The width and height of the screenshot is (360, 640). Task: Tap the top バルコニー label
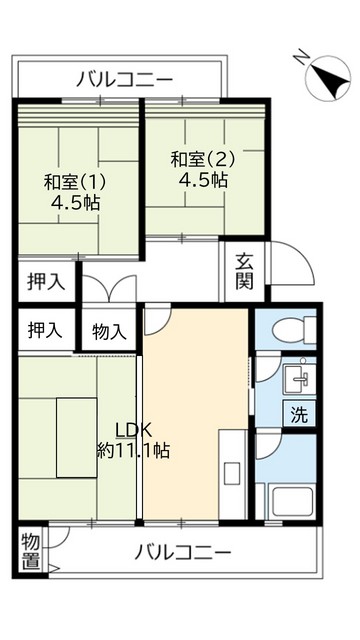pos(124,79)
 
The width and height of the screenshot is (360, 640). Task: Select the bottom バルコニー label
pos(182,552)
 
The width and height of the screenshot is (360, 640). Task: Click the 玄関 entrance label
pos(244,271)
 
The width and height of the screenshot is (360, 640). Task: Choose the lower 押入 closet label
pos(45,330)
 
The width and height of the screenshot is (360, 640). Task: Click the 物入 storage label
pos(109,331)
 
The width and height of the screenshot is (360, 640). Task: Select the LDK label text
pos(133,430)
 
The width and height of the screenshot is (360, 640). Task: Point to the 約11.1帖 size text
pos(133,450)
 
